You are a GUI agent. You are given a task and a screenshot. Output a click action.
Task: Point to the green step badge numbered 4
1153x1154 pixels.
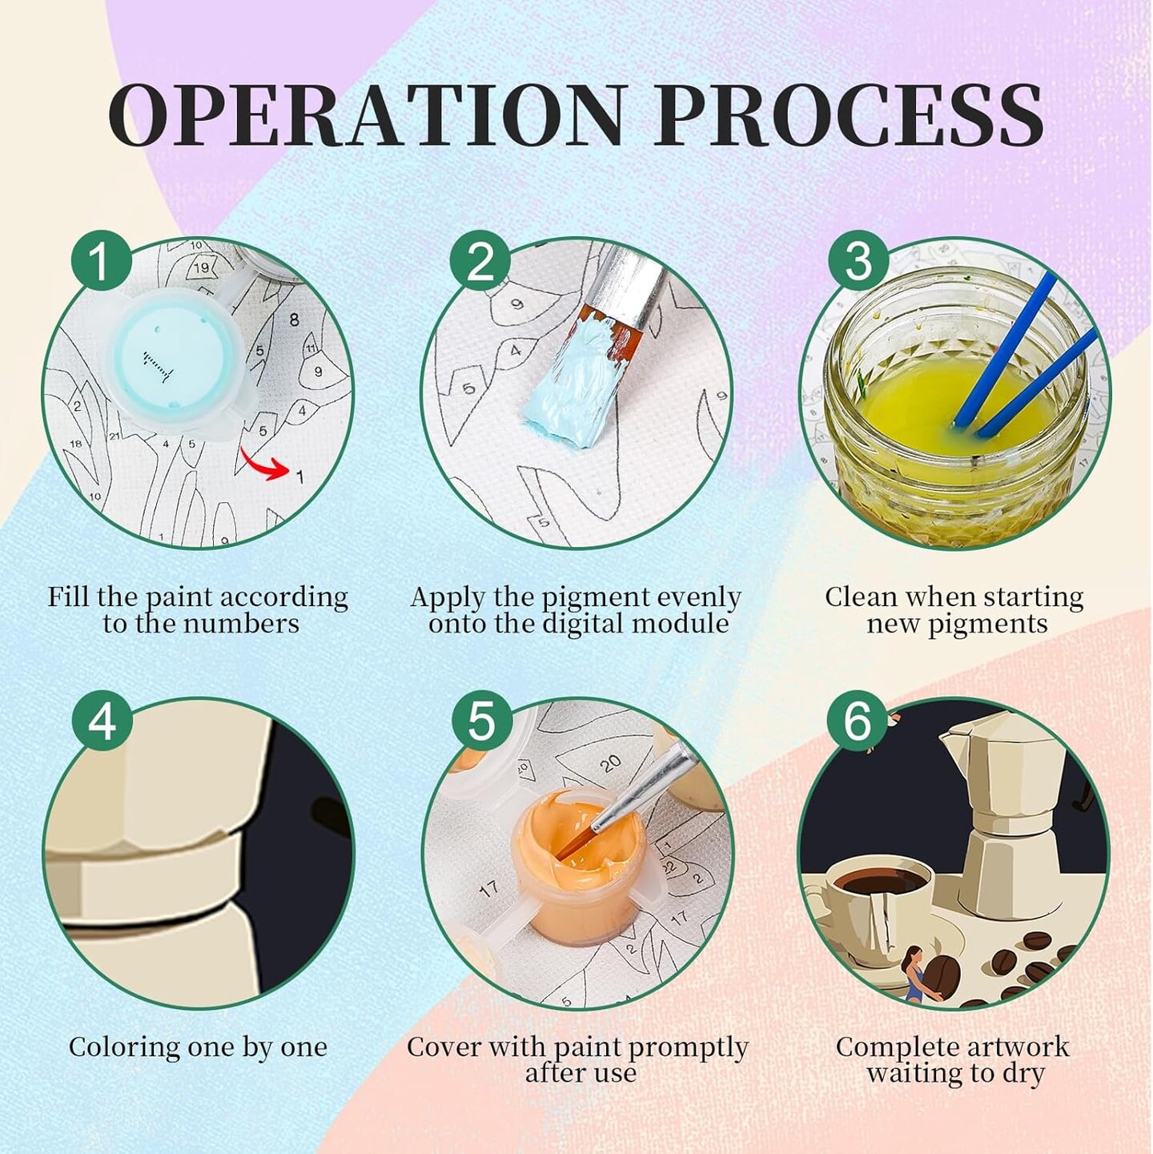click(x=101, y=722)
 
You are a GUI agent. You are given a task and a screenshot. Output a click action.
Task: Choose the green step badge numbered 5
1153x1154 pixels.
click(x=480, y=722)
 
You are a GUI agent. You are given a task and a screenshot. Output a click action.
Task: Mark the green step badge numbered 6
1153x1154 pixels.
click(x=858, y=722)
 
